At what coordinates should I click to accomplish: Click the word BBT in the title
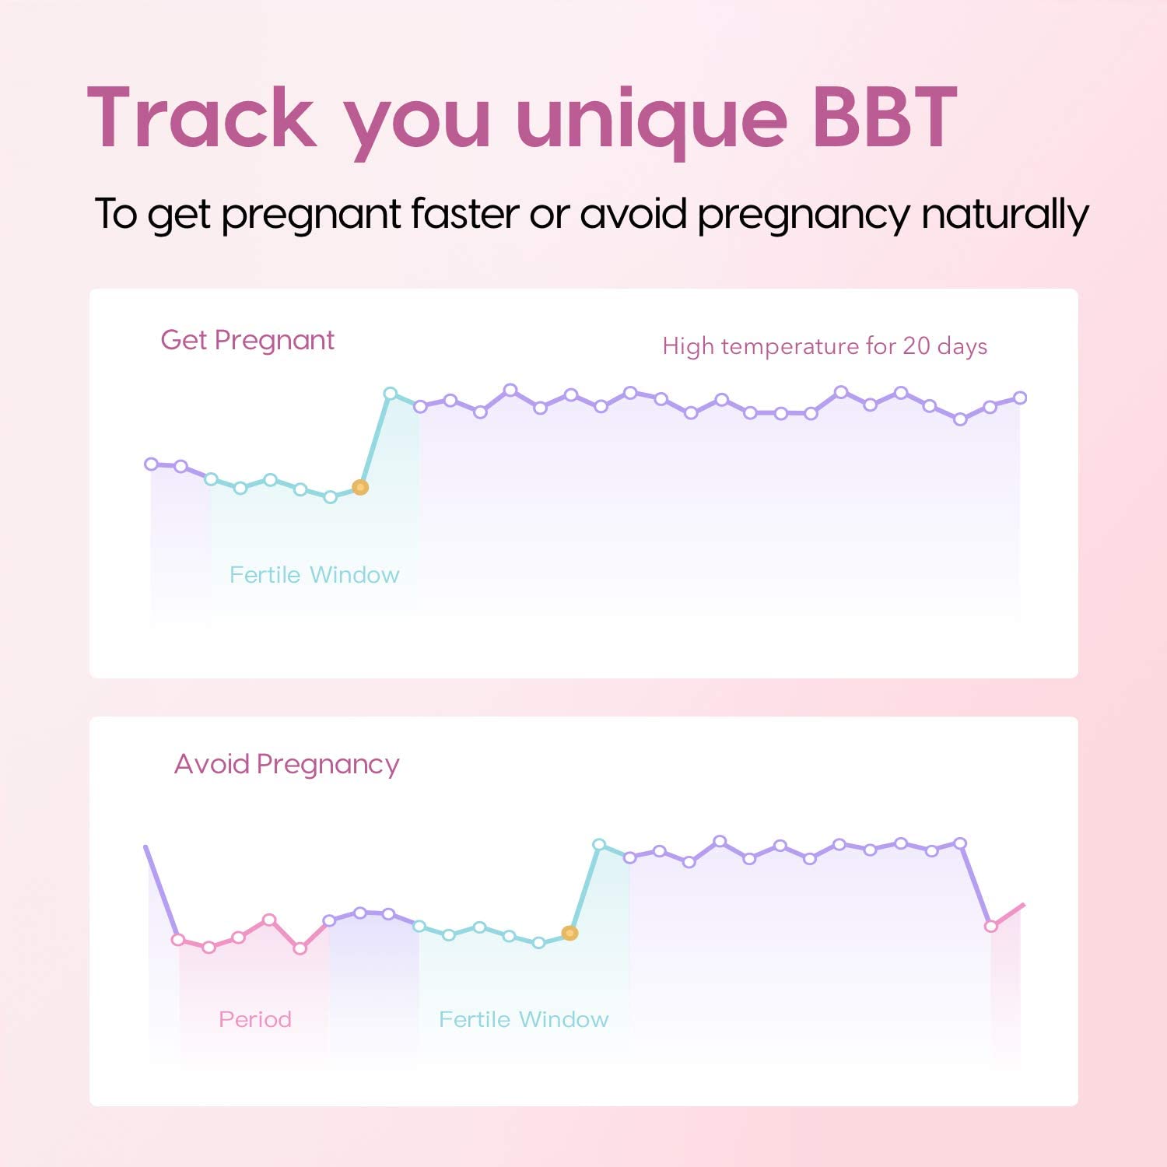coord(885,118)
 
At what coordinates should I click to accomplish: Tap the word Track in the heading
coord(201,118)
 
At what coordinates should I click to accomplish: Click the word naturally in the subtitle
coord(1004,214)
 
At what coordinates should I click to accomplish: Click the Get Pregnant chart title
coord(247,341)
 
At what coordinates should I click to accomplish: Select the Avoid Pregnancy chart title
coord(286,765)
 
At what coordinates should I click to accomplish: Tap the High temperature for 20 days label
coord(825,346)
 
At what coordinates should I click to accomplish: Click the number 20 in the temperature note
coord(916,346)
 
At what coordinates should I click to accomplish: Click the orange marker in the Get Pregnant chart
coord(360,488)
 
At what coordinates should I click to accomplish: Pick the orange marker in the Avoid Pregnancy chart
coord(569,933)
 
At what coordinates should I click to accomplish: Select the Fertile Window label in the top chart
coord(314,575)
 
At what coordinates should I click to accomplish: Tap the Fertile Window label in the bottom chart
coord(524,1019)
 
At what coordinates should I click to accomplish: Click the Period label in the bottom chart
coord(255,1019)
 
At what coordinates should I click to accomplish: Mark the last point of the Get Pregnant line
coord(1020,398)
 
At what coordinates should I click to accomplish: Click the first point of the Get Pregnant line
coord(151,464)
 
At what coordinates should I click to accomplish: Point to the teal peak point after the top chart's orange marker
coord(391,394)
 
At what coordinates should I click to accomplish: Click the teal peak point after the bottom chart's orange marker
coord(599,845)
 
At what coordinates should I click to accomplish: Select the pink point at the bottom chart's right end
coord(990,927)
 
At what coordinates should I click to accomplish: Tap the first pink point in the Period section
coord(178,940)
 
